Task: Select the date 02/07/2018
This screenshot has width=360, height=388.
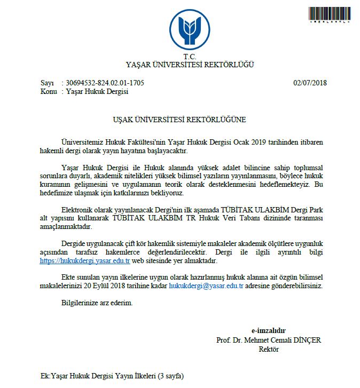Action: pos(310,83)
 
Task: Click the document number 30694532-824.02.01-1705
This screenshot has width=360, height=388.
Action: pos(105,83)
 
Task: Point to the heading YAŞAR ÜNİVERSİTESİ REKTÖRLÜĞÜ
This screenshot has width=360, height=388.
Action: pos(190,65)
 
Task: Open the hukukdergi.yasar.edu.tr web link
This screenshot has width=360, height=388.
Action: pos(85,261)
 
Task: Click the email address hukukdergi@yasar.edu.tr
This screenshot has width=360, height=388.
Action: pos(206,286)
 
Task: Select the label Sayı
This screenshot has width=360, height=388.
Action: pos(48,83)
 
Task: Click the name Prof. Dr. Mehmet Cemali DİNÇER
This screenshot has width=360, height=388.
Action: pos(269,340)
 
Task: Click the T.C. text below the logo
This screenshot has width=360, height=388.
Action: pos(190,57)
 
